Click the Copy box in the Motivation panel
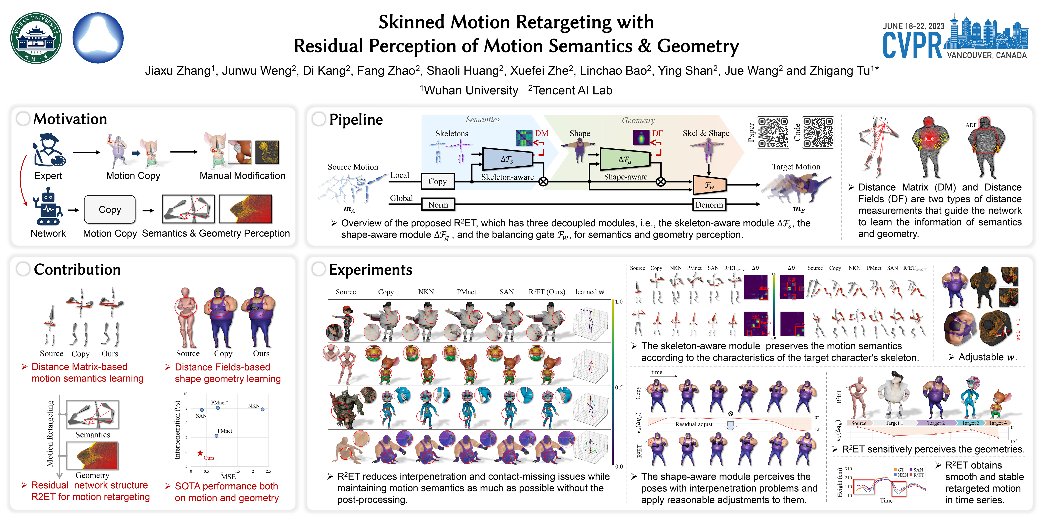pyautogui.click(x=109, y=210)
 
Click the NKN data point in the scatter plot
pyautogui.click(x=263, y=409)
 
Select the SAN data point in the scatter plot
pyautogui.click(x=202, y=410)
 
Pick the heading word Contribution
pyautogui.click(x=77, y=270)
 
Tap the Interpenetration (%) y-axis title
pyautogui.click(x=177, y=430)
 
